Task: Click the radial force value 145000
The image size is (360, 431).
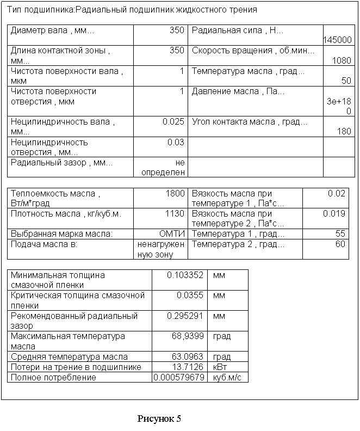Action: pos(337,40)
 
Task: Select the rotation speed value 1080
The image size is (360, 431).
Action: pos(341,60)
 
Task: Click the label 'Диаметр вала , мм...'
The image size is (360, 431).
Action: pos(52,30)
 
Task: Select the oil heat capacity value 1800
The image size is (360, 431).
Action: pos(176,193)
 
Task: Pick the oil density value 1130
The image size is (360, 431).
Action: pos(176,214)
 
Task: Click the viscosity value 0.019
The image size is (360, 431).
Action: pos(334,214)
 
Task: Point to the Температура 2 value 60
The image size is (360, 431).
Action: pos(340,244)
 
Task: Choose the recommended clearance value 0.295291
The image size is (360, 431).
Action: pos(184,316)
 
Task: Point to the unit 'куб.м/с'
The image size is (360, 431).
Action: pos(227,377)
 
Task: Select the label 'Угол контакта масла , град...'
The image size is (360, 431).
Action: pos(249,121)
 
